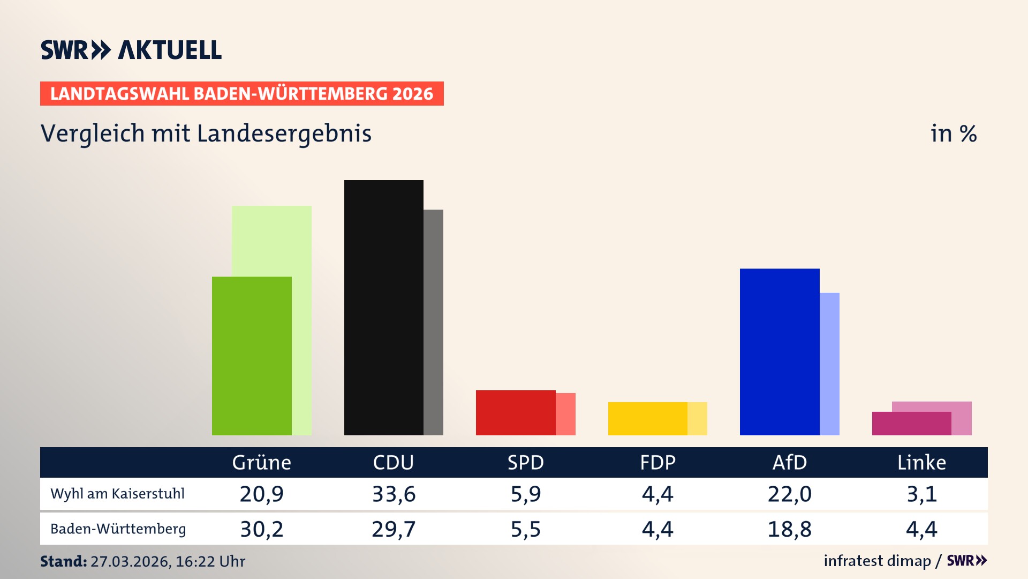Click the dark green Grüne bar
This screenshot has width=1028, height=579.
[252, 356]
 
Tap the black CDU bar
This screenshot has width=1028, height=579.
[383, 308]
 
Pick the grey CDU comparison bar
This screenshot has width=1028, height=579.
[433, 322]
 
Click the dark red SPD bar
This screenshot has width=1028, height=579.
[515, 412]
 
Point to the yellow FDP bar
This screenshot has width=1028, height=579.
[647, 418]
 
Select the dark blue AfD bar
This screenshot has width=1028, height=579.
[779, 352]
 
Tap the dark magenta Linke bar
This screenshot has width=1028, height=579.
[911, 423]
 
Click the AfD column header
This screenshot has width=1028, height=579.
[789, 462]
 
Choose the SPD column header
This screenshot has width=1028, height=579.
[525, 462]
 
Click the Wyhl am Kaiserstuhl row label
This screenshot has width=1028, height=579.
[117, 494]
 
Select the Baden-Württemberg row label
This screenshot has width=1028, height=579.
[118, 529]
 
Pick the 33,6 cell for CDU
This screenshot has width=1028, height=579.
[394, 494]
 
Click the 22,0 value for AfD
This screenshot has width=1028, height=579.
[789, 494]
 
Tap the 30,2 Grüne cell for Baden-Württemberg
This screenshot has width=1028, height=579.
[261, 529]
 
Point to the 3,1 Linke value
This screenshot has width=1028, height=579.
[921, 494]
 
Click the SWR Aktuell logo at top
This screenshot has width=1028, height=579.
[131, 50]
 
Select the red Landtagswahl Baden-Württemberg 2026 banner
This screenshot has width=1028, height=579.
[241, 94]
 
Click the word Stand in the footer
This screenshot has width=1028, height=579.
[63, 561]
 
